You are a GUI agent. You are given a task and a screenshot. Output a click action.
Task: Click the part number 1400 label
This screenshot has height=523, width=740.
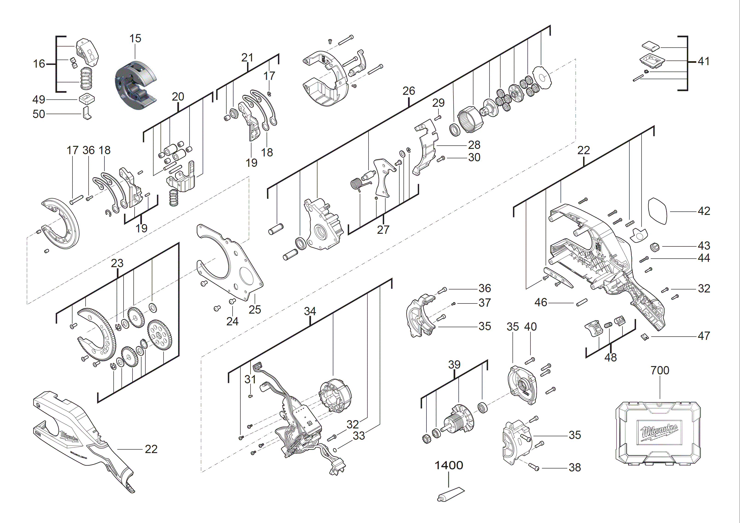pyautogui.click(x=449, y=465)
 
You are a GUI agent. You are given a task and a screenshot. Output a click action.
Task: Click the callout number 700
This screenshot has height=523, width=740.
pyautogui.click(x=660, y=370)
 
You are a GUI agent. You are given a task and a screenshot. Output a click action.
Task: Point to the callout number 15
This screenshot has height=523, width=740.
pyautogui.click(x=135, y=38)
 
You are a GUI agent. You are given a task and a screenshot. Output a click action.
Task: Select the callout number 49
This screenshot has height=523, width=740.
pyautogui.click(x=39, y=99)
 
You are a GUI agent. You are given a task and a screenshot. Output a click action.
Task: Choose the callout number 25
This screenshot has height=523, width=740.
pyautogui.click(x=255, y=309)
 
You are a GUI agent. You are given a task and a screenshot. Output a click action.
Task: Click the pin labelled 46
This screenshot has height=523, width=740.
pyautogui.click(x=582, y=303)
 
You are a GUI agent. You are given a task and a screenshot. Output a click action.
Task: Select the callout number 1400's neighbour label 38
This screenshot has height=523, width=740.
pyautogui.click(x=575, y=467)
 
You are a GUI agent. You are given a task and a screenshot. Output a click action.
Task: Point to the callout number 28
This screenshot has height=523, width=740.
pyautogui.click(x=474, y=144)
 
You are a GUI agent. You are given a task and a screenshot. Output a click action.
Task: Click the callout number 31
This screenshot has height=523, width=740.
pyautogui.click(x=250, y=379)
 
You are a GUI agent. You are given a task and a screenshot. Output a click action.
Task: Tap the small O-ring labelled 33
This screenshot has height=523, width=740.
pyautogui.click(x=335, y=450)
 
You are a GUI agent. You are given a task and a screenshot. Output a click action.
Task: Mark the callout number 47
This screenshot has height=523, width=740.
pyautogui.click(x=704, y=336)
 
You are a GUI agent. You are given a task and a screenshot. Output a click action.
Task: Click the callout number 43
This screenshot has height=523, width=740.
pyautogui.click(x=704, y=246)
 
